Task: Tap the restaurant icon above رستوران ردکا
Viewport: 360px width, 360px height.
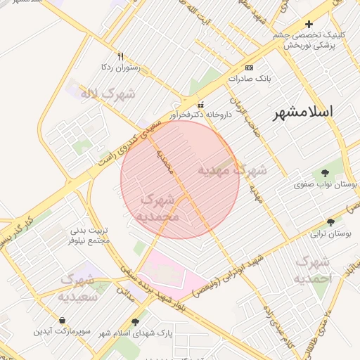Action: (x=121, y=56)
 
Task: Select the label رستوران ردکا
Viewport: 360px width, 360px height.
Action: (x=121, y=67)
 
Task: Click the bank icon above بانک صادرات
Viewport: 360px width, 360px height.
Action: (x=249, y=67)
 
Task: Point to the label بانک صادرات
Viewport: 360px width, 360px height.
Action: (x=249, y=79)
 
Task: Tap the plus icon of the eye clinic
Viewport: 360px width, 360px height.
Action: (x=309, y=24)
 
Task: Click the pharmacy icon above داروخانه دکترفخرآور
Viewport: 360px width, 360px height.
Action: (x=200, y=103)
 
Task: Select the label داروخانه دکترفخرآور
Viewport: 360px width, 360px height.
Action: (x=200, y=113)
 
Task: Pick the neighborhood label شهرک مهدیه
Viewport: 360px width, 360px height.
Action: (x=232, y=170)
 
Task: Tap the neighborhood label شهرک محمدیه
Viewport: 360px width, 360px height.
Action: (x=160, y=208)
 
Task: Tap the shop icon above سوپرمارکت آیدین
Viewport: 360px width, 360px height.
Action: (x=62, y=320)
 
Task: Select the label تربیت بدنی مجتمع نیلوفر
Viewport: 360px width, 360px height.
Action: (x=91, y=235)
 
